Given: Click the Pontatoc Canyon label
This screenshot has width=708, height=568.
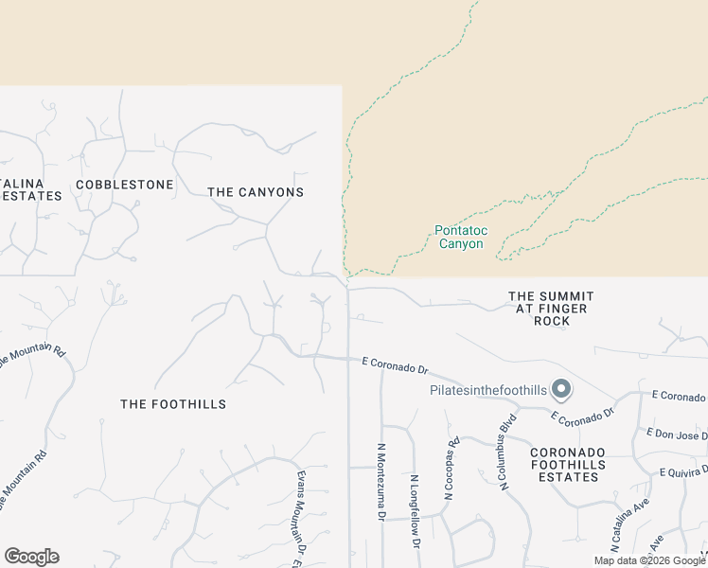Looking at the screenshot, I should tap(459, 237).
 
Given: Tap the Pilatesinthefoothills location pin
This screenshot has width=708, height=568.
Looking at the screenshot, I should tap(561, 389).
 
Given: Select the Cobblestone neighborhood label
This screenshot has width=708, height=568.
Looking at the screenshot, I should tap(125, 185).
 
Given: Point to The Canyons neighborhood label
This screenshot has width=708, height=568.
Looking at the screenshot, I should tap(256, 192).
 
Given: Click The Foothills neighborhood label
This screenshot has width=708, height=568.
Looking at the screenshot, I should tap(173, 404).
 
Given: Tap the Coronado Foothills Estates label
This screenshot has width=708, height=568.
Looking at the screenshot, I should tap(564, 464).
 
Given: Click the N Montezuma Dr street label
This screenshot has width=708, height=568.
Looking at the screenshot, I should tap(381, 483).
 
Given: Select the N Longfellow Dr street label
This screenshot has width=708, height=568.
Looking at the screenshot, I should tap(415, 511).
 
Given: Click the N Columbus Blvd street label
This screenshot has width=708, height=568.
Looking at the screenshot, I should tap(506, 452).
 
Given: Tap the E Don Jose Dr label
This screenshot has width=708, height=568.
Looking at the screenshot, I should tap(677, 434).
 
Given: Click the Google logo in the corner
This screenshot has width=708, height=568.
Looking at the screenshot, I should tap(31, 557).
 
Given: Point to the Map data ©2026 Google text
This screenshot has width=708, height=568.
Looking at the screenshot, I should tap(649, 560).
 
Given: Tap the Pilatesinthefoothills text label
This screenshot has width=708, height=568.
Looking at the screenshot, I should tap(488, 390).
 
